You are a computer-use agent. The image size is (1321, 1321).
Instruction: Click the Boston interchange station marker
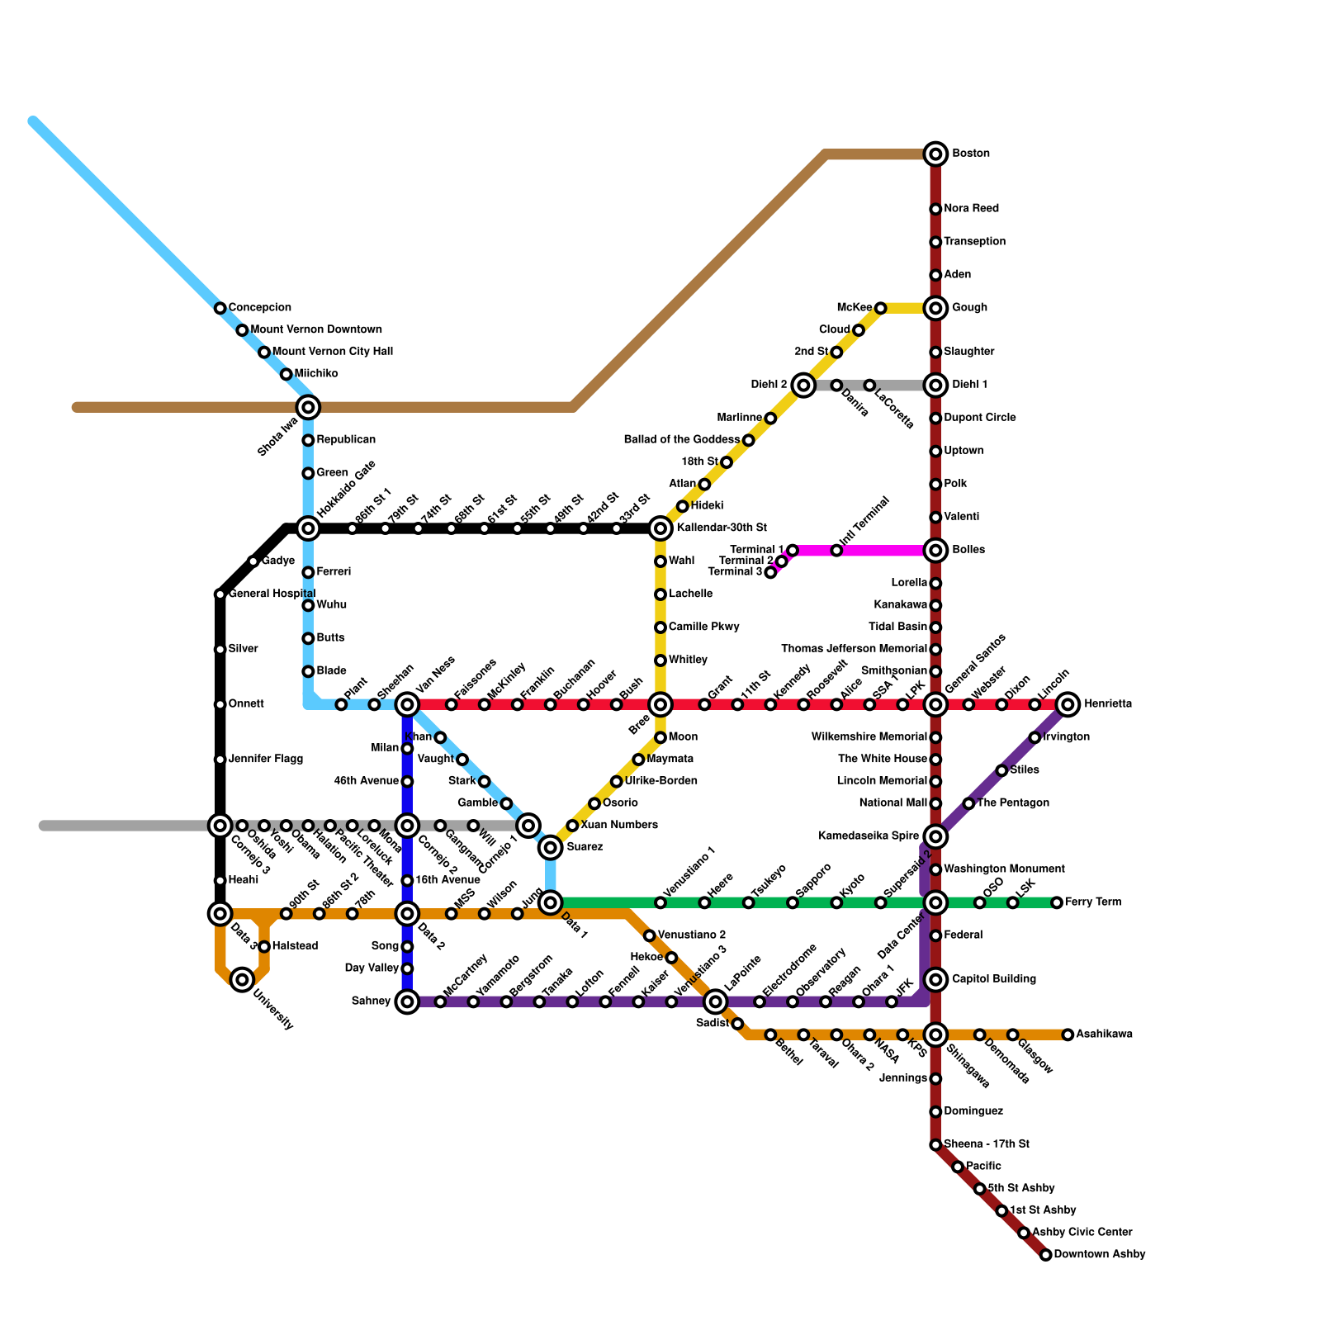(x=935, y=154)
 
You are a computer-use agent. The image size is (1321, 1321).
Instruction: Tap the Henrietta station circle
(x=1068, y=704)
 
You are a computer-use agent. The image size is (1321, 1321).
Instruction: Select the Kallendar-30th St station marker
(x=660, y=528)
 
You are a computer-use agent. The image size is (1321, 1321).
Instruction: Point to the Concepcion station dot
(x=220, y=308)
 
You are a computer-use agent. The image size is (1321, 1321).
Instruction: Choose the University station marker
(x=242, y=980)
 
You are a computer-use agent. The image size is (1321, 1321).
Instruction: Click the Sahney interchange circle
(x=407, y=1001)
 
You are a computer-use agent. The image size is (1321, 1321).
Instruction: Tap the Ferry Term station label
(x=1092, y=902)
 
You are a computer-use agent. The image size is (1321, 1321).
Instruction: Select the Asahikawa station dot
(x=1068, y=1035)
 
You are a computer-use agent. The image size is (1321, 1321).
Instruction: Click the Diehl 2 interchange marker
(x=803, y=385)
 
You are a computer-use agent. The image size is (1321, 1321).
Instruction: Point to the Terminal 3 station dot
(x=770, y=572)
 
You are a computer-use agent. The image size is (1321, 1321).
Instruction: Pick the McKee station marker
(x=880, y=308)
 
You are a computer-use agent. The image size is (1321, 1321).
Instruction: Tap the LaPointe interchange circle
(x=716, y=1001)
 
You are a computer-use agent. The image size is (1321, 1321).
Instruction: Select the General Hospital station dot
(x=220, y=594)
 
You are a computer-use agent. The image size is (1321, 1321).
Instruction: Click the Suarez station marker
(x=551, y=848)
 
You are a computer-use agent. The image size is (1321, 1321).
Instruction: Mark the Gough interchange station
(x=935, y=308)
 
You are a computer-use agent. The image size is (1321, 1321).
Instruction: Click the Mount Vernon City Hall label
(x=332, y=352)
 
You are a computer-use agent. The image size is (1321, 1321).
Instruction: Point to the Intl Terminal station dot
(x=836, y=551)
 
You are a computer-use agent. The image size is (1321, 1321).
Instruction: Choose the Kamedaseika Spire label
(x=869, y=836)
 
